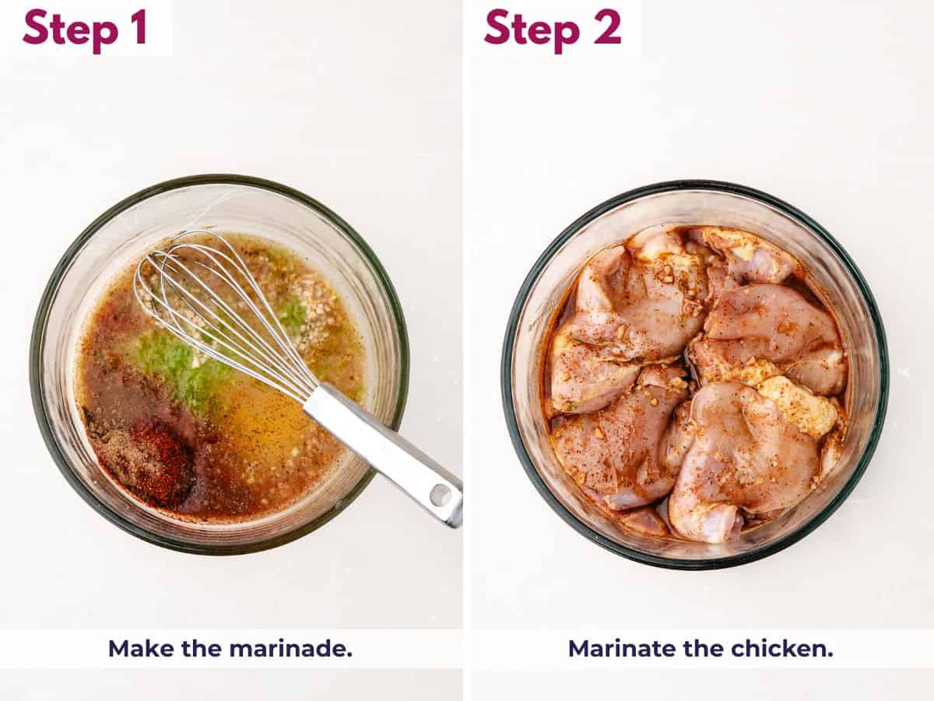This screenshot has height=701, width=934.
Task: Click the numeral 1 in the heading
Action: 139,27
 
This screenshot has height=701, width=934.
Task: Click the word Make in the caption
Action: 135,648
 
